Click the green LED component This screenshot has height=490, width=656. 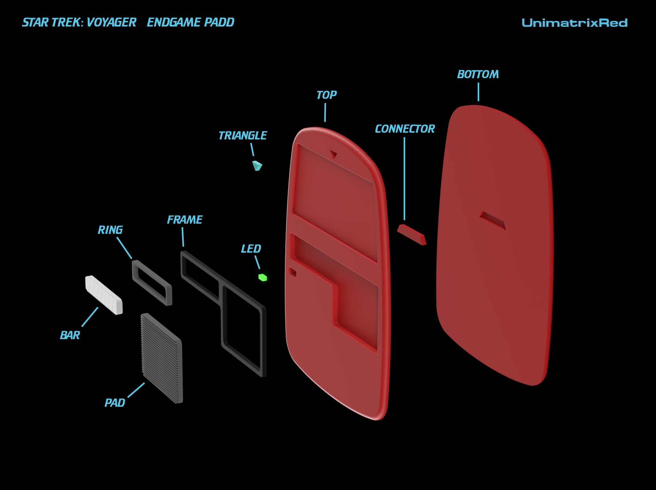tap(263, 277)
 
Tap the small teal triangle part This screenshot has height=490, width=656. tap(257, 166)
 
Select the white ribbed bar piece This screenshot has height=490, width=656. tap(104, 295)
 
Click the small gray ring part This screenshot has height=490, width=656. tap(152, 283)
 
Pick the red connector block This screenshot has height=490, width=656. tap(412, 234)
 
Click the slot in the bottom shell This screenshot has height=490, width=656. tap(493, 220)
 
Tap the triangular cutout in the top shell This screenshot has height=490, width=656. tap(333, 154)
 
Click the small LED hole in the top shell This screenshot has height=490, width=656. tap(293, 272)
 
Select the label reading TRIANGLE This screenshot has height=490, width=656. tap(243, 136)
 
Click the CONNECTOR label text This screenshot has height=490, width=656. tap(405, 129)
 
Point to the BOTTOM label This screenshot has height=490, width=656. tap(478, 74)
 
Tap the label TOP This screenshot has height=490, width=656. tap(326, 95)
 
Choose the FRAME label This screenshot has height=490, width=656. tap(185, 220)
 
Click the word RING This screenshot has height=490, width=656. tap(110, 230)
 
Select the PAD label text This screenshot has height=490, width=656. tap(115, 403)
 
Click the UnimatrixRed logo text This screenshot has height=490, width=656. tap(575, 23)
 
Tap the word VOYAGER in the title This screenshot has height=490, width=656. tap(111, 22)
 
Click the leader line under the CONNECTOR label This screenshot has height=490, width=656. tap(404, 179)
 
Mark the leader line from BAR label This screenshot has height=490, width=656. tap(90, 317)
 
